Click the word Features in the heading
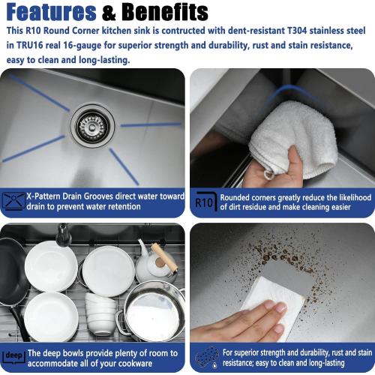point(51,12)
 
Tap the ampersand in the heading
point(109,13)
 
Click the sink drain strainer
point(92,126)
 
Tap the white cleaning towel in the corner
point(294,138)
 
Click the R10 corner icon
point(206,202)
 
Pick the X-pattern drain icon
point(13,201)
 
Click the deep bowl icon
point(13,356)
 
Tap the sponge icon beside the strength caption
point(207,357)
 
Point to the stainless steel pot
point(152,311)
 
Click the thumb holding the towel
point(294,160)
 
